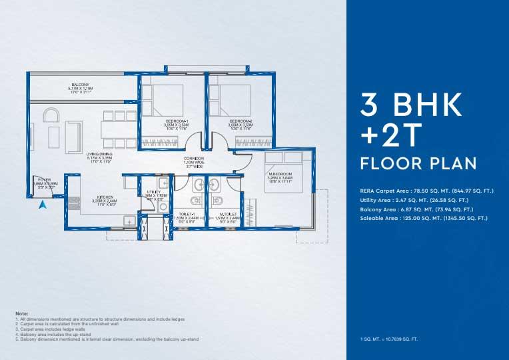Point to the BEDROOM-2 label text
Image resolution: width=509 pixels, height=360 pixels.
pos(241,121)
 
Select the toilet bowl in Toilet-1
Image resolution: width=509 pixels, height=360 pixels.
pos(195,201)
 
